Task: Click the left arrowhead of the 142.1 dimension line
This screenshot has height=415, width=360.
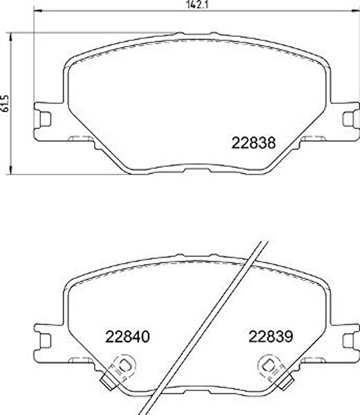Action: [x=37, y=11]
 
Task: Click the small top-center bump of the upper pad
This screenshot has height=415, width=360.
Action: [x=181, y=33]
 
